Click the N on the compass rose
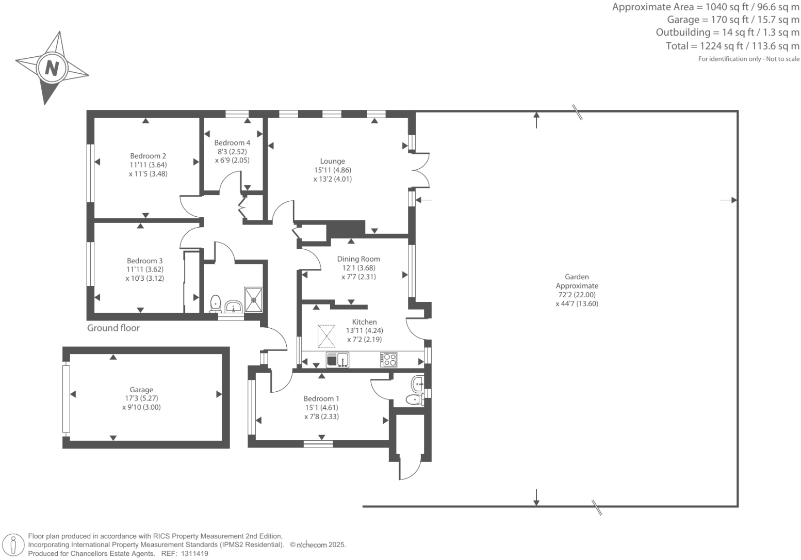point(52,68)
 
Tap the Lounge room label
point(332,161)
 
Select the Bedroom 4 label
point(232,143)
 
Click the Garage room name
point(141,390)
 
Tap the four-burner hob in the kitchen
point(389,359)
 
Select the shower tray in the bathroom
point(254,300)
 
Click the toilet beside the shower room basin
point(216,303)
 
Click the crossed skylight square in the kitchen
point(326,336)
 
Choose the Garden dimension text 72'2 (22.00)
point(577,295)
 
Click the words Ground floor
point(113,328)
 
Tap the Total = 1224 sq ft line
point(732,46)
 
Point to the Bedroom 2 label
point(148,156)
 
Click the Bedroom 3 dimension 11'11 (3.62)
point(145,269)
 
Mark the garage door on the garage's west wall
point(66,398)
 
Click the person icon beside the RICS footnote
point(14,545)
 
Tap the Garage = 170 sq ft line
point(733,20)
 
